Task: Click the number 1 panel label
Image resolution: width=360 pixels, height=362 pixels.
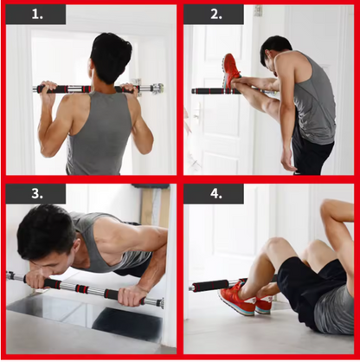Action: click(37, 15)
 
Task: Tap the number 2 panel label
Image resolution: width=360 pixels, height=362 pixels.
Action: click(216, 15)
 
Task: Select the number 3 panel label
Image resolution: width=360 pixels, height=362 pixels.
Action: click(37, 193)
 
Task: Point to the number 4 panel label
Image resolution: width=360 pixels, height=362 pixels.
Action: click(216, 193)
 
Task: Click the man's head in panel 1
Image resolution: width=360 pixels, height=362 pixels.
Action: click(111, 58)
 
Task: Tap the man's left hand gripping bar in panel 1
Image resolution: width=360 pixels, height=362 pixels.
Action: click(48, 87)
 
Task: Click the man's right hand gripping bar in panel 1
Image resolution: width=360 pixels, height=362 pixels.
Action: click(129, 88)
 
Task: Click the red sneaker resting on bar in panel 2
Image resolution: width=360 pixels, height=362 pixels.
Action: click(231, 69)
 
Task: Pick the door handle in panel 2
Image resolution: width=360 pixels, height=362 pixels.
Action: click(197, 113)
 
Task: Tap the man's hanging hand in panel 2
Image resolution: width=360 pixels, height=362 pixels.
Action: click(288, 159)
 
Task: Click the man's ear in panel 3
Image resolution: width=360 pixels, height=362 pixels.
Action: click(76, 249)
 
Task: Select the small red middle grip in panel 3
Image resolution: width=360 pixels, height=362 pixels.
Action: click(81, 288)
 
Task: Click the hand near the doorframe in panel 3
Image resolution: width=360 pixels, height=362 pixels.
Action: click(131, 297)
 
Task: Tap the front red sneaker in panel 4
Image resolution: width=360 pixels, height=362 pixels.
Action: click(237, 298)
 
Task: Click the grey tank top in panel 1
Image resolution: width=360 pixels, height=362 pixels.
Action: click(98, 136)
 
